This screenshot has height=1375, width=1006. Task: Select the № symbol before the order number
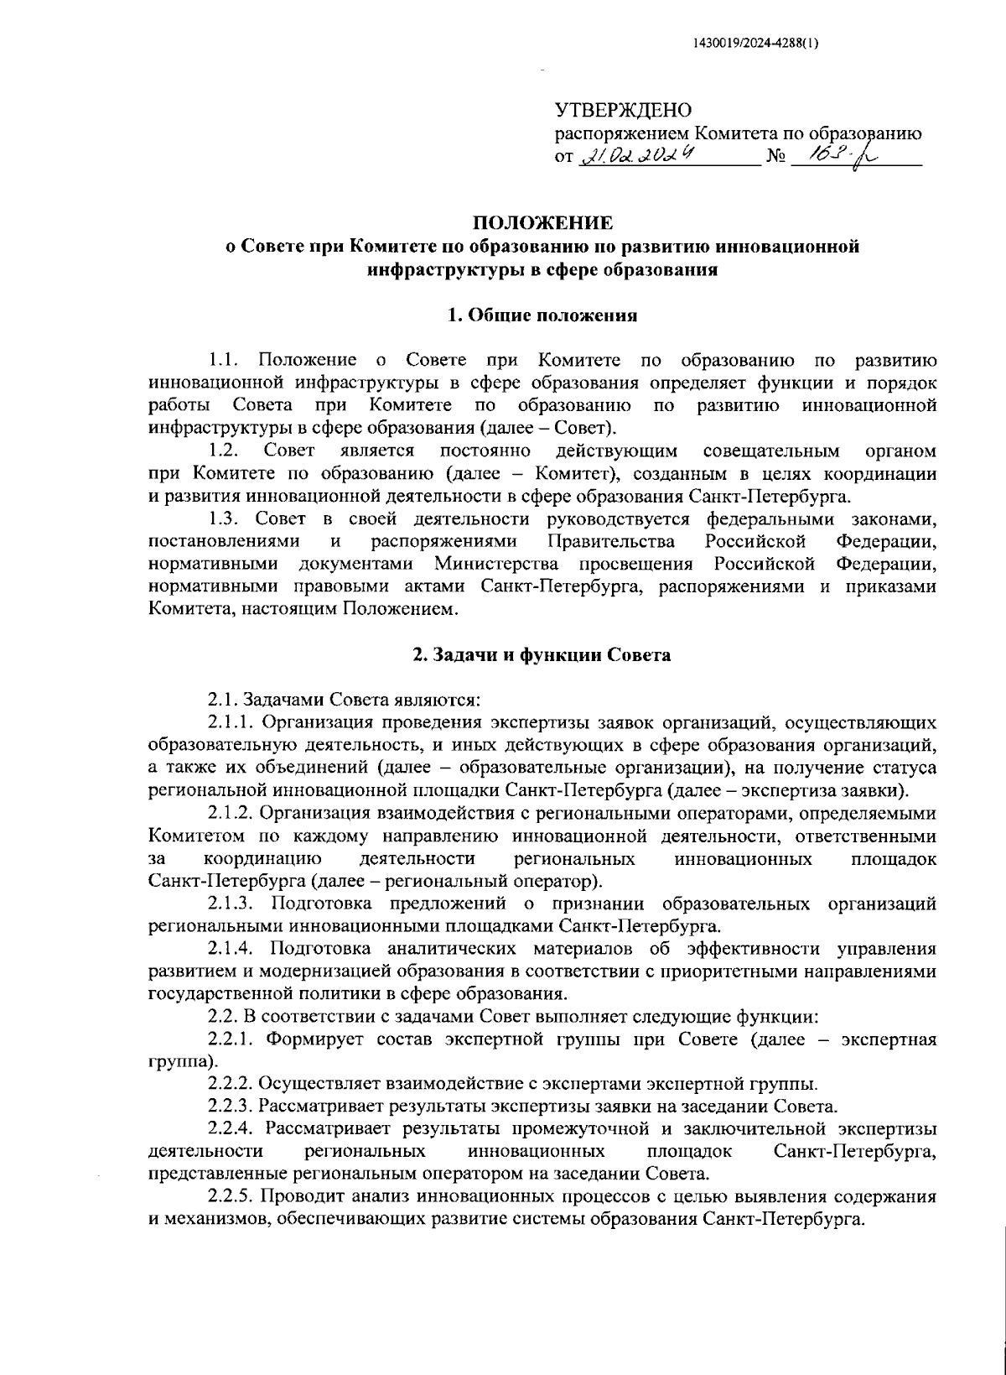coord(775,158)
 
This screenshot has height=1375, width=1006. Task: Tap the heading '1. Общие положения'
coord(542,315)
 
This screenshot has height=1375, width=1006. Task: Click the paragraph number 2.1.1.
coord(232,721)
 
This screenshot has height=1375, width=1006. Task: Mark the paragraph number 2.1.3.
coord(232,904)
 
